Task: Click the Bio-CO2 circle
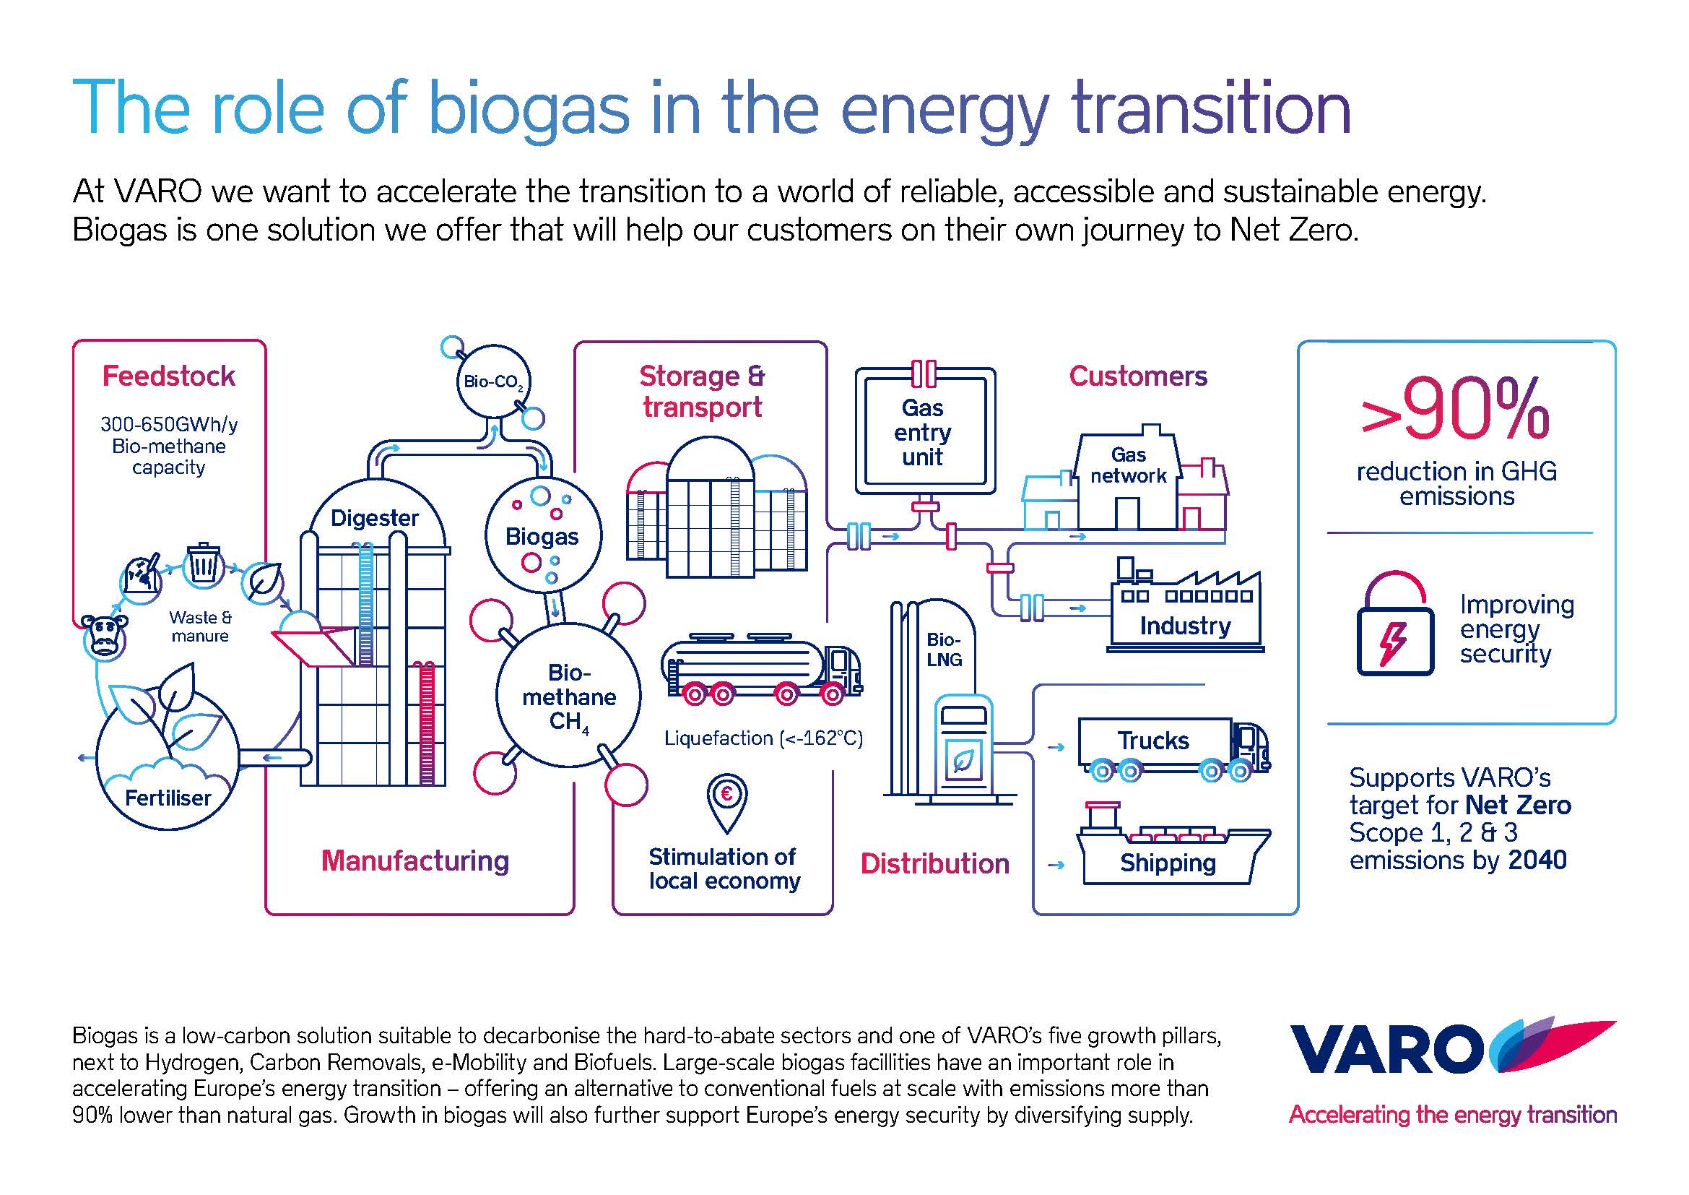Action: pyautogui.click(x=493, y=381)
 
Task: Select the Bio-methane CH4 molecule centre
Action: pyautogui.click(x=568, y=695)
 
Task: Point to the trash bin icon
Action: pyautogui.click(x=204, y=564)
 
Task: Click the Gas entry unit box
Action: pyautogui.click(x=925, y=431)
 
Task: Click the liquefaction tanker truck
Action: pyautogui.click(x=761, y=669)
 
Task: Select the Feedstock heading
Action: pyautogui.click(x=168, y=376)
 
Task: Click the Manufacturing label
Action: pyautogui.click(x=415, y=861)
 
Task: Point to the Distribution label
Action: pyautogui.click(x=935, y=864)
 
